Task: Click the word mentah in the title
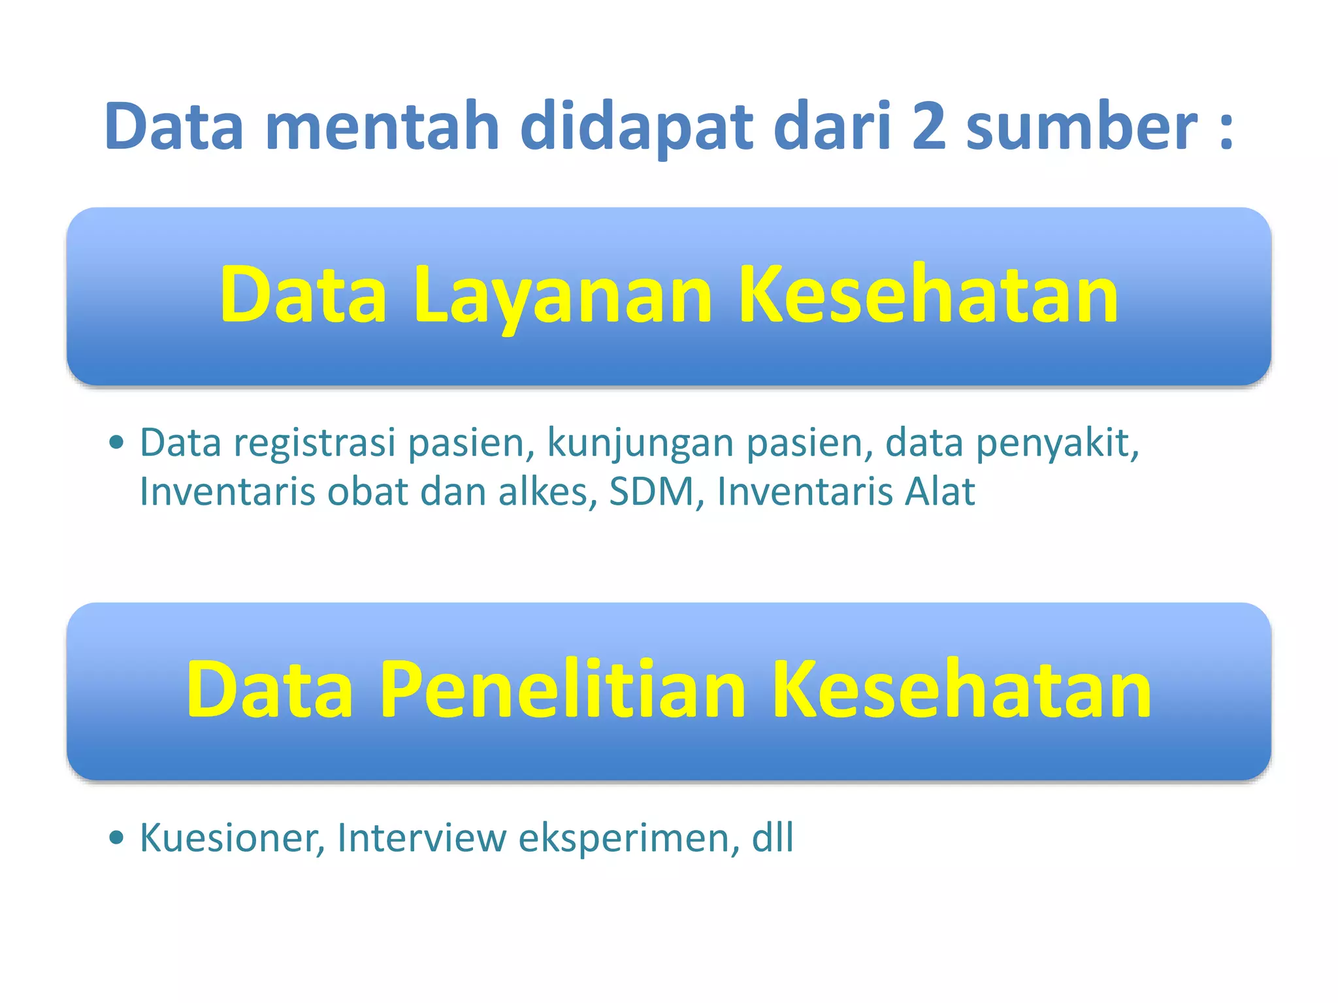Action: (x=382, y=127)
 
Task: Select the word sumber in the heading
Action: (x=1082, y=127)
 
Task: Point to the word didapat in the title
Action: (x=636, y=127)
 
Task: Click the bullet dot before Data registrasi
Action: (x=116, y=443)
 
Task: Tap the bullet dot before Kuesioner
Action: (x=116, y=838)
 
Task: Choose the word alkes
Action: (x=547, y=492)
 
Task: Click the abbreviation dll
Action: (x=773, y=838)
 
